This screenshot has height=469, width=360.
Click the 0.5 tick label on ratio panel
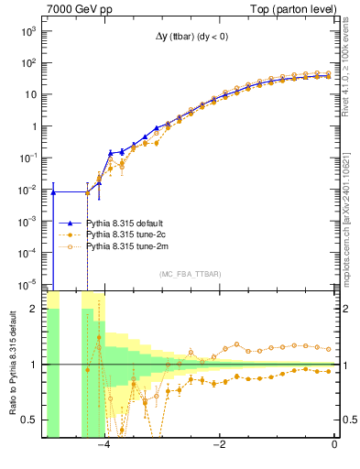pyautogui.click(x=28, y=420)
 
